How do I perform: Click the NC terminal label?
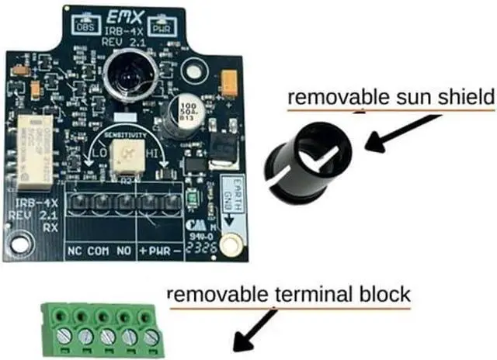75,251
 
